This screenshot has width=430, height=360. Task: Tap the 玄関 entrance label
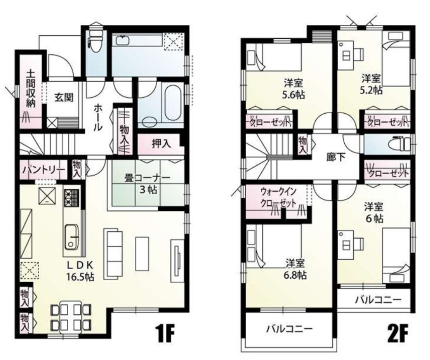tap(64, 97)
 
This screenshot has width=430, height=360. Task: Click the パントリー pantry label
tap(44, 170)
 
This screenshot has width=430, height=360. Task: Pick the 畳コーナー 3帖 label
tap(147, 184)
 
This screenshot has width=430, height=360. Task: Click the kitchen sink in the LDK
tap(72, 238)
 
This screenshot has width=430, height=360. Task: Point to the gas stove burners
tap(72, 198)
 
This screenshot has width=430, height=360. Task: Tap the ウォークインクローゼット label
tap(278, 198)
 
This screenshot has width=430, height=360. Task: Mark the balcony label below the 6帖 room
tap(378, 300)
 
